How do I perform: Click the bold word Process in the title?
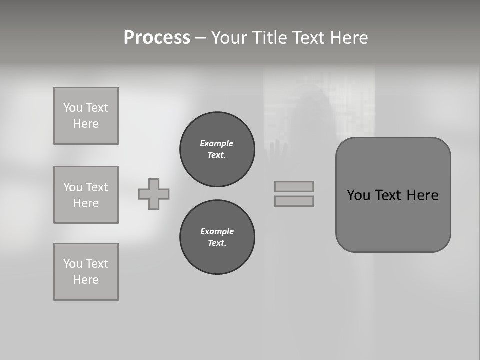(x=157, y=38)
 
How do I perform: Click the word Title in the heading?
(x=269, y=38)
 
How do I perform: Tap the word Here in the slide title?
(x=349, y=38)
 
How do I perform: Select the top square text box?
(x=86, y=116)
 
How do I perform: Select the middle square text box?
(x=86, y=195)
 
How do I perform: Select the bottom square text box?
(x=86, y=272)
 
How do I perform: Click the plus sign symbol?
(x=154, y=194)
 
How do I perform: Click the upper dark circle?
(x=217, y=149)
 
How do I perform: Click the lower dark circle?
(x=217, y=237)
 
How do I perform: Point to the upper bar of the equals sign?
(x=294, y=186)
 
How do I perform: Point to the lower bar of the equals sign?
(x=294, y=201)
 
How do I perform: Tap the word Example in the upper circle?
(x=216, y=143)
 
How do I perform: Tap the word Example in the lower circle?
(x=217, y=231)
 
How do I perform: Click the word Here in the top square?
(x=86, y=124)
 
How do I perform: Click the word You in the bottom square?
(x=73, y=264)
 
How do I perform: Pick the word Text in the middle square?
(x=96, y=187)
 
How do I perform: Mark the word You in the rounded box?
(x=358, y=195)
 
